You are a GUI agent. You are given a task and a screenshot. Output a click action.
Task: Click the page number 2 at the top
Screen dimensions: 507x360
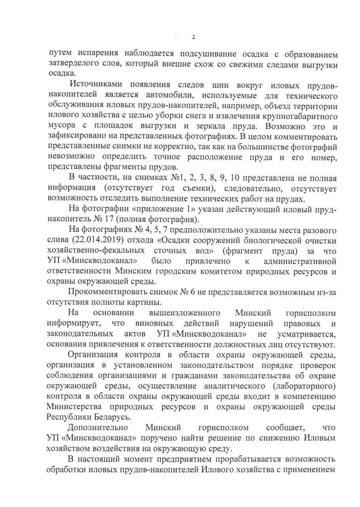click(x=194, y=37)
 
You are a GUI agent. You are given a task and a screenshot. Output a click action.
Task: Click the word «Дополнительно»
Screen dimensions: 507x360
click(x=97, y=428)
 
